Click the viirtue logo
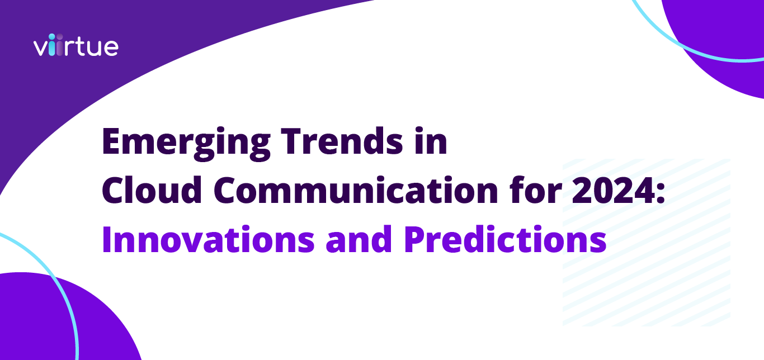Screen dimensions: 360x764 tap(76, 46)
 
